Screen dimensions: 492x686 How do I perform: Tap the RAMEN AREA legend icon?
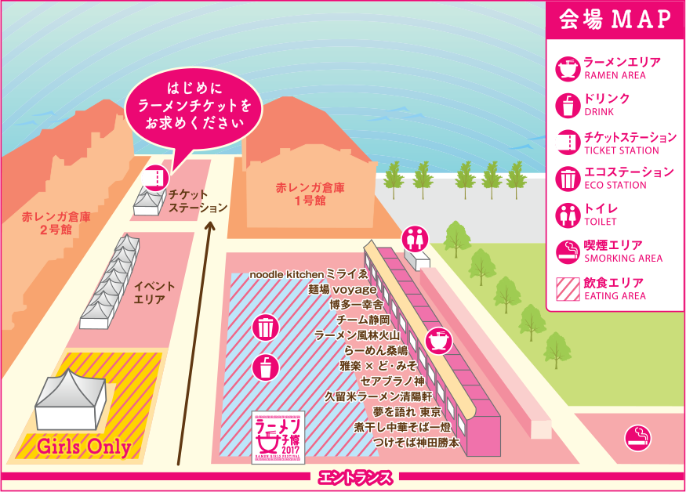click(x=566, y=68)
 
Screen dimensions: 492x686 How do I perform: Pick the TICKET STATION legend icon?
click(x=566, y=142)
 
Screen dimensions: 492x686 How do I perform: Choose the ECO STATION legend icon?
click(x=566, y=178)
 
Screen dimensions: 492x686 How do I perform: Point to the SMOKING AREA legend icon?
click(x=566, y=251)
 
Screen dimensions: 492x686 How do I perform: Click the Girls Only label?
click(x=84, y=447)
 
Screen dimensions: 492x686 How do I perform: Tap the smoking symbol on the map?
click(x=636, y=438)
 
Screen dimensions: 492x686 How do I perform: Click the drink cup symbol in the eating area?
click(x=266, y=367)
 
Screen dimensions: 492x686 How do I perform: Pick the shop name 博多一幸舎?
click(x=356, y=304)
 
